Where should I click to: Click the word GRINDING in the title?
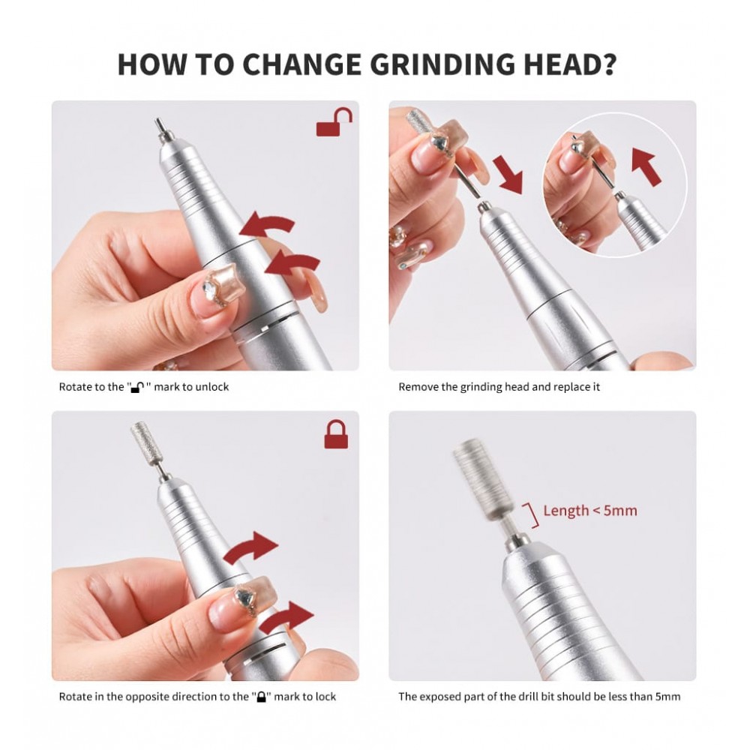444,64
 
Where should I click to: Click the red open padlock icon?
334,122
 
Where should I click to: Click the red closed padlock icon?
336,434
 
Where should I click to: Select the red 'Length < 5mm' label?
590,510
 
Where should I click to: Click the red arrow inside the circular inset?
646,166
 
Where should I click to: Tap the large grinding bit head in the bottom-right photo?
482,480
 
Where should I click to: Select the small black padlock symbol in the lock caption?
261,697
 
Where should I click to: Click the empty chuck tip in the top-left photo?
161,129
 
